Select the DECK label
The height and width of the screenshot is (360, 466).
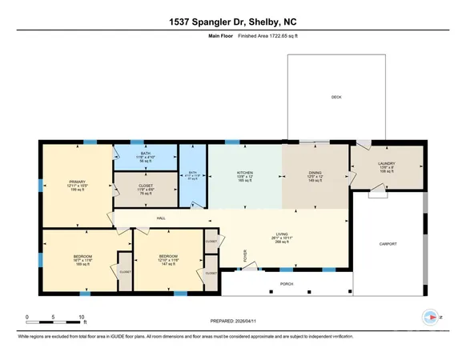point(336,98)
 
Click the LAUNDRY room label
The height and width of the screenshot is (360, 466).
point(387,164)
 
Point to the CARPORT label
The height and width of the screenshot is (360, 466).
point(388,244)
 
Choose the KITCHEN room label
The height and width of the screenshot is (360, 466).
point(244,172)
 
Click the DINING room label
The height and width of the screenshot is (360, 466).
point(315,172)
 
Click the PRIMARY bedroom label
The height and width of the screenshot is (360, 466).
point(77,181)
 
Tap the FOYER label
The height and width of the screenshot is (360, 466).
point(245,255)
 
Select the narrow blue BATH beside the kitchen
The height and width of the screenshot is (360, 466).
point(192,173)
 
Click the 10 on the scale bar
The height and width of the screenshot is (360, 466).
point(82,318)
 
